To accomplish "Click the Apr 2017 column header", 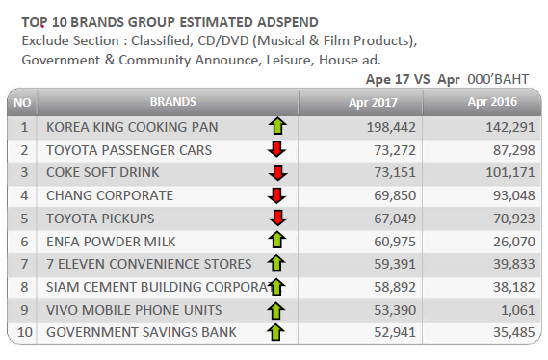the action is pyautogui.click(x=373, y=103).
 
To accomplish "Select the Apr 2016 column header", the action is pyautogui.click(x=492, y=102).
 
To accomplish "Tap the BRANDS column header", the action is pyautogui.click(x=173, y=102).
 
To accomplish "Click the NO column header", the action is pyautogui.click(x=22, y=103).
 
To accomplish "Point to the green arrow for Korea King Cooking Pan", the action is pyautogui.click(x=277, y=126).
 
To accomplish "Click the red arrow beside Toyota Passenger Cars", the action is pyautogui.click(x=276, y=149).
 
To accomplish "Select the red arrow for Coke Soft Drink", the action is pyautogui.click(x=277, y=173).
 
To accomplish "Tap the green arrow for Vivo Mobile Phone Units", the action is pyautogui.click(x=276, y=310).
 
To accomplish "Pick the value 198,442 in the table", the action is pyautogui.click(x=391, y=127).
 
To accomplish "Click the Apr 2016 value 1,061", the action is pyautogui.click(x=518, y=310).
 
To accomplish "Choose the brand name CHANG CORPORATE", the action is pyautogui.click(x=110, y=195).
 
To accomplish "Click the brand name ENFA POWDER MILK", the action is pyautogui.click(x=111, y=242).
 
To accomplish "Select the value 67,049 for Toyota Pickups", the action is pyautogui.click(x=395, y=219).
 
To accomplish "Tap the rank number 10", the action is pyautogui.click(x=25, y=332).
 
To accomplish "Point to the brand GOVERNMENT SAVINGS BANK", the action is pyautogui.click(x=142, y=332).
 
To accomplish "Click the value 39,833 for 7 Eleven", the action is pyautogui.click(x=514, y=264).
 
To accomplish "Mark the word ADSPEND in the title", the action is pyautogui.click(x=288, y=22).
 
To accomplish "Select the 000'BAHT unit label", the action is pyautogui.click(x=498, y=79).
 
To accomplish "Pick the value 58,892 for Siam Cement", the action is pyautogui.click(x=395, y=287).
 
